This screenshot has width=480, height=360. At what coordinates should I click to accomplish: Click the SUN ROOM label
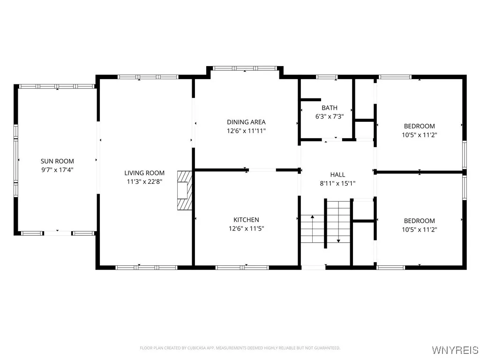click(x=57, y=161)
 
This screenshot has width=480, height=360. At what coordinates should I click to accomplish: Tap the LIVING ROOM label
click(x=144, y=173)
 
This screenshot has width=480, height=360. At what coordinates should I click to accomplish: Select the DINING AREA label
click(x=246, y=122)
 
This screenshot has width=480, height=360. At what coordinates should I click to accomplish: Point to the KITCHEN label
click(x=246, y=220)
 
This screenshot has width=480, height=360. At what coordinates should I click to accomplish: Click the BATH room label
click(x=330, y=108)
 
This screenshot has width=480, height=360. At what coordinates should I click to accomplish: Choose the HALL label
click(x=337, y=175)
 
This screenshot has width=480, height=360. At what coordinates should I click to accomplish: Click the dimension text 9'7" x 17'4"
click(x=57, y=170)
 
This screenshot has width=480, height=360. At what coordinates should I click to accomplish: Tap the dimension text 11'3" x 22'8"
click(x=144, y=181)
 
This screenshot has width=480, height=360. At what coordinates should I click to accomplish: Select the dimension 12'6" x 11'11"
click(x=246, y=131)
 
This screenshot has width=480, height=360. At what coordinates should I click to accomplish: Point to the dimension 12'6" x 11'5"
click(x=246, y=228)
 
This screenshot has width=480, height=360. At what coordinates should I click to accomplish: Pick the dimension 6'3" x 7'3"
click(x=330, y=117)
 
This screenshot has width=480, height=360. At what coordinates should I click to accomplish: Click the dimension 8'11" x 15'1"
click(x=337, y=183)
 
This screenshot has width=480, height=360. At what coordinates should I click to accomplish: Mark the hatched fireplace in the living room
click(x=185, y=190)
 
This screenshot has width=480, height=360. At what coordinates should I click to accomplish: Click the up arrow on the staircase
click(x=313, y=228)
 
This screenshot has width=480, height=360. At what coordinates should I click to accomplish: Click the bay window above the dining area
click(x=245, y=68)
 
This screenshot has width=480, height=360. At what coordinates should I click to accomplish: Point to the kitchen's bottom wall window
click(x=242, y=268)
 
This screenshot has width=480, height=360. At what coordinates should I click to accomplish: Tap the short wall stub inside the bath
click(x=311, y=99)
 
